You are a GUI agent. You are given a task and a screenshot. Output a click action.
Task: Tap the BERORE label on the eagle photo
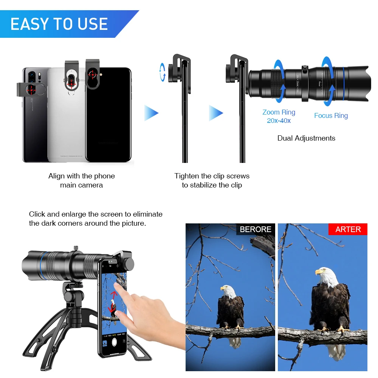[256, 229]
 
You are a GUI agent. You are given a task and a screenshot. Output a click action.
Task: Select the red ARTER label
[348, 229]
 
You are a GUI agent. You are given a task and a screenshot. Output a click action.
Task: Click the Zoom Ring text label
[279, 112]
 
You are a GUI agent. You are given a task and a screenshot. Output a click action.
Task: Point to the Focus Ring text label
[331, 116]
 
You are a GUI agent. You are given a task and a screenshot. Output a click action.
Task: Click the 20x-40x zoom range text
[279, 121]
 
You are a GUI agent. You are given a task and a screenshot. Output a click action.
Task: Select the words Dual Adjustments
[306, 138]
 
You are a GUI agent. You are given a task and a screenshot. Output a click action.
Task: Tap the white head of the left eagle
[228, 291]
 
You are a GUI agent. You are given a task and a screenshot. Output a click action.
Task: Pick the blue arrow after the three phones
[151, 113]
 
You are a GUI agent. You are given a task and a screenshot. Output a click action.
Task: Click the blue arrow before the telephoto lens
[216, 113]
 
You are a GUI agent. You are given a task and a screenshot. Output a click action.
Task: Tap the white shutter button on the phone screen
[115, 342]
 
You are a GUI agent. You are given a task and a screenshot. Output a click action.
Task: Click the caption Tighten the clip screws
[212, 176]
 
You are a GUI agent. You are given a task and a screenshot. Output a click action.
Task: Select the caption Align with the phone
[81, 176]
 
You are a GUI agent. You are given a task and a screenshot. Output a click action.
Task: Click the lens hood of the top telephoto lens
[357, 83]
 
